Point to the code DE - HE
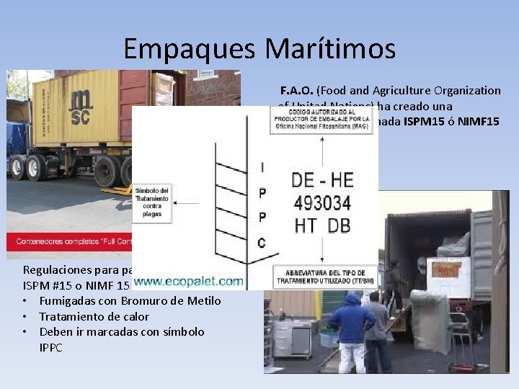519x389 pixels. (x=321, y=180)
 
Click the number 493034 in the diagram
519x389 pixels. (x=321, y=202)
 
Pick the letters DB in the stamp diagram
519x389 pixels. (x=339, y=225)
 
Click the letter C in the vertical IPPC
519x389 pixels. (x=262, y=243)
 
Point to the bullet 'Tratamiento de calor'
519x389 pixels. (x=94, y=316)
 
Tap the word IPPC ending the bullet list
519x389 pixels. (x=51, y=347)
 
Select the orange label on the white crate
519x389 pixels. (x=448, y=271)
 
